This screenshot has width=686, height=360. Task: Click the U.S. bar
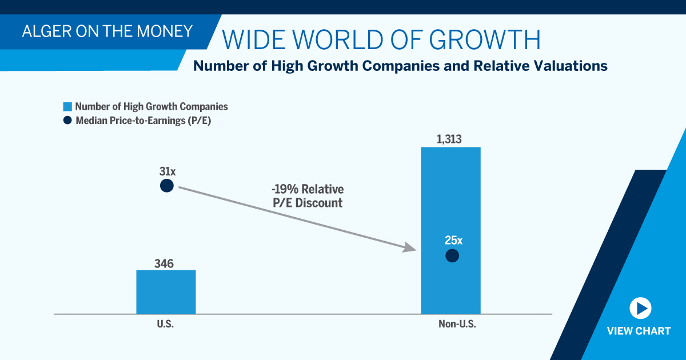pos(166,291)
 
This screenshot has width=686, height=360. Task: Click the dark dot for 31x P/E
pos(166,186)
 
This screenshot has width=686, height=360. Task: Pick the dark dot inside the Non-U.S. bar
pos(452,255)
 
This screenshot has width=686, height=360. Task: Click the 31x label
pos(167,170)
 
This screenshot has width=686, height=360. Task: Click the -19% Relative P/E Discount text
pos(308,196)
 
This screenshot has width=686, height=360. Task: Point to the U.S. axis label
pos(165,324)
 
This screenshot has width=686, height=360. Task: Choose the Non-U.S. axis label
pos(457,324)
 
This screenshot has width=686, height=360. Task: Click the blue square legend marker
pos(67,107)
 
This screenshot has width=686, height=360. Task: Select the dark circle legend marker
pos(67,120)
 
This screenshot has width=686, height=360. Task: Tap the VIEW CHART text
pos(639,331)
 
